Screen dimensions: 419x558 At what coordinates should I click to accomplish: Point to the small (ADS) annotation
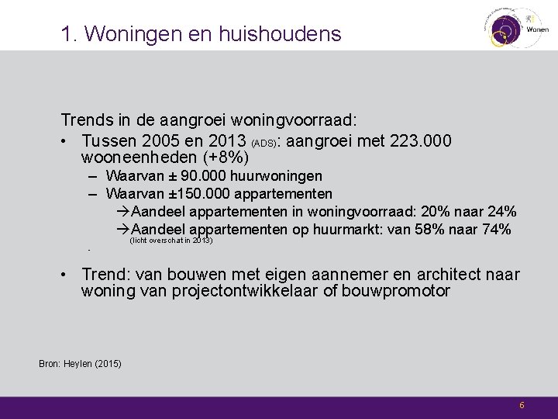[x=263, y=144]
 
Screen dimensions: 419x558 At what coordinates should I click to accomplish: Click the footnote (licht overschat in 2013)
[x=171, y=241]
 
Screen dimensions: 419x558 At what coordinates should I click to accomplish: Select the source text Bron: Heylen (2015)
[x=79, y=363]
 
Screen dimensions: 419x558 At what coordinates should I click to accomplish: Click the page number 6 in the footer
[x=522, y=405]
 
